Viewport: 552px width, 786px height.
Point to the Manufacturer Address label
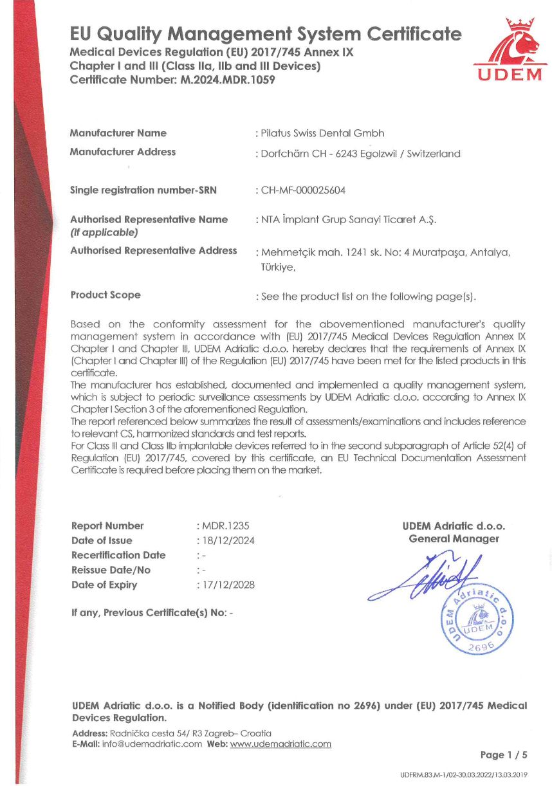coord(122,152)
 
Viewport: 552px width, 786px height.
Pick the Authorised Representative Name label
coord(149,219)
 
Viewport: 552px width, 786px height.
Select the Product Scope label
coord(105,295)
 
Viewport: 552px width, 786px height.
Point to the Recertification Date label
coord(118,555)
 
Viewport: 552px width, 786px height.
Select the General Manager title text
coord(454,539)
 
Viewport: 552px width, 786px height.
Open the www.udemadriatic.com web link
coord(281,744)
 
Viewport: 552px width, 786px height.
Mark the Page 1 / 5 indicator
coord(503,754)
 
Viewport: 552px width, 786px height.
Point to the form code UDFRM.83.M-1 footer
coord(463,774)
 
